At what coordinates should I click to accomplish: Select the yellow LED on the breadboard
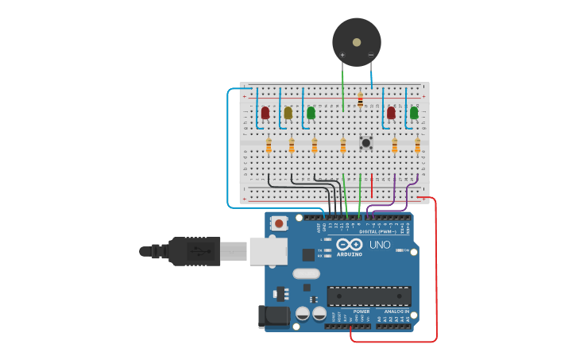[288, 113]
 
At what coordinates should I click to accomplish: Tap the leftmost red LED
[265, 113]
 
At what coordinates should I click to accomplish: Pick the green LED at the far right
[414, 113]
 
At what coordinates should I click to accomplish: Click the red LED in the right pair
[391, 113]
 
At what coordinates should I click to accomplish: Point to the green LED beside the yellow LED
[311, 113]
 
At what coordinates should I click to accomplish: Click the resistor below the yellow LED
[292, 145]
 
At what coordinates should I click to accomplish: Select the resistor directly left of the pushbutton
[343, 145]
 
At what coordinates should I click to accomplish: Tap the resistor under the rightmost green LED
[417, 145]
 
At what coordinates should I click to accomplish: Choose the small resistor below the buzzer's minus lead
[360, 100]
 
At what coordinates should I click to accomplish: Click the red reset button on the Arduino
[279, 223]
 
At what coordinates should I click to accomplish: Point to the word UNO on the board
[380, 245]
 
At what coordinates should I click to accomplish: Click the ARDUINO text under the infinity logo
[350, 254]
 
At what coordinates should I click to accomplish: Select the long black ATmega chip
[369, 296]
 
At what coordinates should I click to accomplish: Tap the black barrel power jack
[274, 316]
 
